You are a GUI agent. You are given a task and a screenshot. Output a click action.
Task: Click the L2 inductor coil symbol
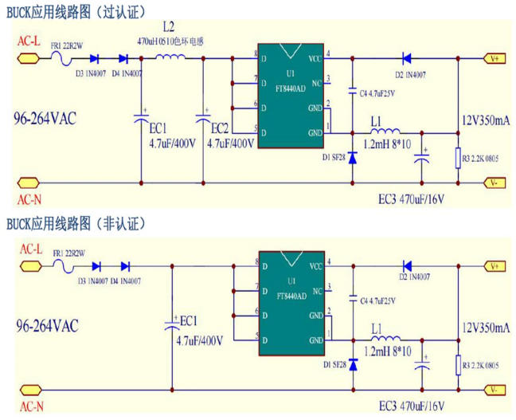coord(170,57)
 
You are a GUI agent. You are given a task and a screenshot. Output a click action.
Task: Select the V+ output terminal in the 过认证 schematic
coord(495,57)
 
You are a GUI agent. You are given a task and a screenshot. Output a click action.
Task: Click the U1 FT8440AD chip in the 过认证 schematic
coord(291,96)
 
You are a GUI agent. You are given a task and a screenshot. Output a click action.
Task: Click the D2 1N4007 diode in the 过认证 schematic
coord(406,57)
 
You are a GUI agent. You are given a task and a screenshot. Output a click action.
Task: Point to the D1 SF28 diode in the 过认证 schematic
coord(353,157)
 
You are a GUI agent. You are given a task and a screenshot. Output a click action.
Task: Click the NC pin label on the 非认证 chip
coord(316,289)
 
